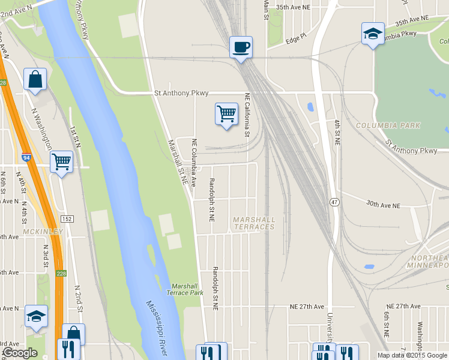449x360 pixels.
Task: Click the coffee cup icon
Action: pos(241,47)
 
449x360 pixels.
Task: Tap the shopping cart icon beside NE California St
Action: pos(226,113)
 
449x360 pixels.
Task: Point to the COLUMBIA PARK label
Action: pos(388,125)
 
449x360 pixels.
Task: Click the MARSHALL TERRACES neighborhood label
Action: pos(254,223)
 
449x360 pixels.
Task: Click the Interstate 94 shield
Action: pos(26,158)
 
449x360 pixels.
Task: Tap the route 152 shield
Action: pos(67,219)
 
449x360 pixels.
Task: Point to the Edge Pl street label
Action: pos(296,39)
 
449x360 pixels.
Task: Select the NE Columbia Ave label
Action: pos(194,163)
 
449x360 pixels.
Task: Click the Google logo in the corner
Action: pos(20,353)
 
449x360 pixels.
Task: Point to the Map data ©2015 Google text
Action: pos(412,355)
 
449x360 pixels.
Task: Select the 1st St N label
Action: pos(76,137)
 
